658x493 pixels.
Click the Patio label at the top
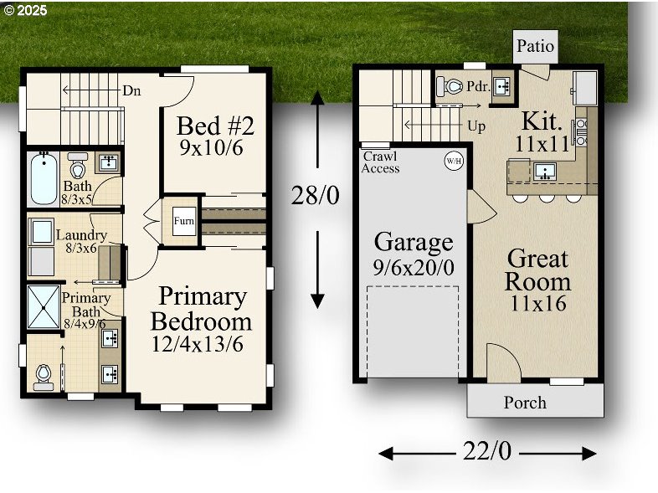click(x=535, y=46)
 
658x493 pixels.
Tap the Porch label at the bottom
click(x=525, y=403)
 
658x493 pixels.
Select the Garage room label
click(x=413, y=243)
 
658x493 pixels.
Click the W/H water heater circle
click(x=453, y=161)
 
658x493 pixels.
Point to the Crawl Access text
click(x=380, y=162)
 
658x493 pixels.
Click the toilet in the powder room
click(x=452, y=86)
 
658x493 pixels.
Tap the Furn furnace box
click(x=183, y=222)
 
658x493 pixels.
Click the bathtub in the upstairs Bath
click(x=44, y=178)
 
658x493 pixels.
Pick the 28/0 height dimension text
click(x=316, y=195)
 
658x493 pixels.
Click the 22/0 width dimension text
click(x=486, y=451)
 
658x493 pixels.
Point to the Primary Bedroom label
click(x=202, y=309)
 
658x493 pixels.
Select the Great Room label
click(x=537, y=270)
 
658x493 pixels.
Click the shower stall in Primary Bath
click(x=42, y=308)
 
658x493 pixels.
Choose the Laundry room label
click(x=81, y=235)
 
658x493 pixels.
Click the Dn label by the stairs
click(x=131, y=90)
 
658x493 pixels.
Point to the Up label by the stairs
click(x=476, y=126)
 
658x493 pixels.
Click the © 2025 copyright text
click(x=26, y=11)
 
